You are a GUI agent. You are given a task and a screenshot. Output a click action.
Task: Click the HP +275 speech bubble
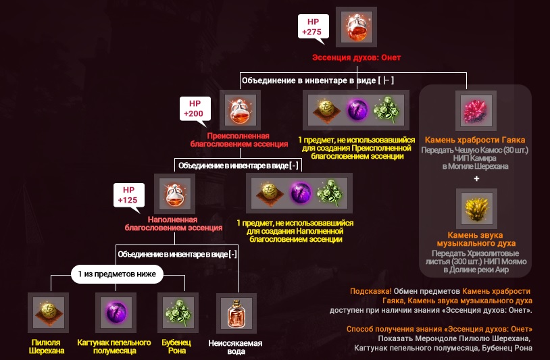(x=314, y=27)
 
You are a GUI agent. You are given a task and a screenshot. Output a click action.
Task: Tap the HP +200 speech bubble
(x=195, y=109)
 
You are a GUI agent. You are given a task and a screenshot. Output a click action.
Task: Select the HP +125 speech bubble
(x=129, y=196)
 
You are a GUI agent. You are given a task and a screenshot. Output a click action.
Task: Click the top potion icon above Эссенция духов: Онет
(x=356, y=27)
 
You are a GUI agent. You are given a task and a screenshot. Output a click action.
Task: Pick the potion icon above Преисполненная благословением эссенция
(x=241, y=110)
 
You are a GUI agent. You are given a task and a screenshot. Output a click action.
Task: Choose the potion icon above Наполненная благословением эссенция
(x=175, y=194)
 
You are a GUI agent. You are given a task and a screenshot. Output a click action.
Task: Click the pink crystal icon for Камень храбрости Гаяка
(x=476, y=110)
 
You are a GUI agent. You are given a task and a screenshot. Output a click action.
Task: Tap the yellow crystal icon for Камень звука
(x=476, y=209)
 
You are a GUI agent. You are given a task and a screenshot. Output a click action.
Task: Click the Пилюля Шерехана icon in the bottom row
(x=49, y=313)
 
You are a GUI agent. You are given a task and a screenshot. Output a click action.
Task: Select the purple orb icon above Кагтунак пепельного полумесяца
(x=116, y=313)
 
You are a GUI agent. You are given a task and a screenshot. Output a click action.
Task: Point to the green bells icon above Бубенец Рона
(x=178, y=313)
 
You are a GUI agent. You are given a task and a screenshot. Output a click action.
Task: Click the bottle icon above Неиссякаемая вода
(x=236, y=313)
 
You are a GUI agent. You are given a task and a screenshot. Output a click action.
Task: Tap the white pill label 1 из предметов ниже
(x=117, y=274)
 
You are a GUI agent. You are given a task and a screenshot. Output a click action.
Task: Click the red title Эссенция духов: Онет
(x=356, y=57)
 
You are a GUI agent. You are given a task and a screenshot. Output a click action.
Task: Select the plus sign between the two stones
(x=476, y=178)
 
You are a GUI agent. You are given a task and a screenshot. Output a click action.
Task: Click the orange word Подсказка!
(x=371, y=291)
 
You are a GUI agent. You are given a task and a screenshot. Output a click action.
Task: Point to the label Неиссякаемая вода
(x=235, y=347)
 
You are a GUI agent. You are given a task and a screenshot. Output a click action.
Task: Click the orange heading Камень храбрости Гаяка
(x=475, y=140)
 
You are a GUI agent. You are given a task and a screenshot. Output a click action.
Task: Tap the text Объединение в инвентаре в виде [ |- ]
(x=318, y=80)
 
